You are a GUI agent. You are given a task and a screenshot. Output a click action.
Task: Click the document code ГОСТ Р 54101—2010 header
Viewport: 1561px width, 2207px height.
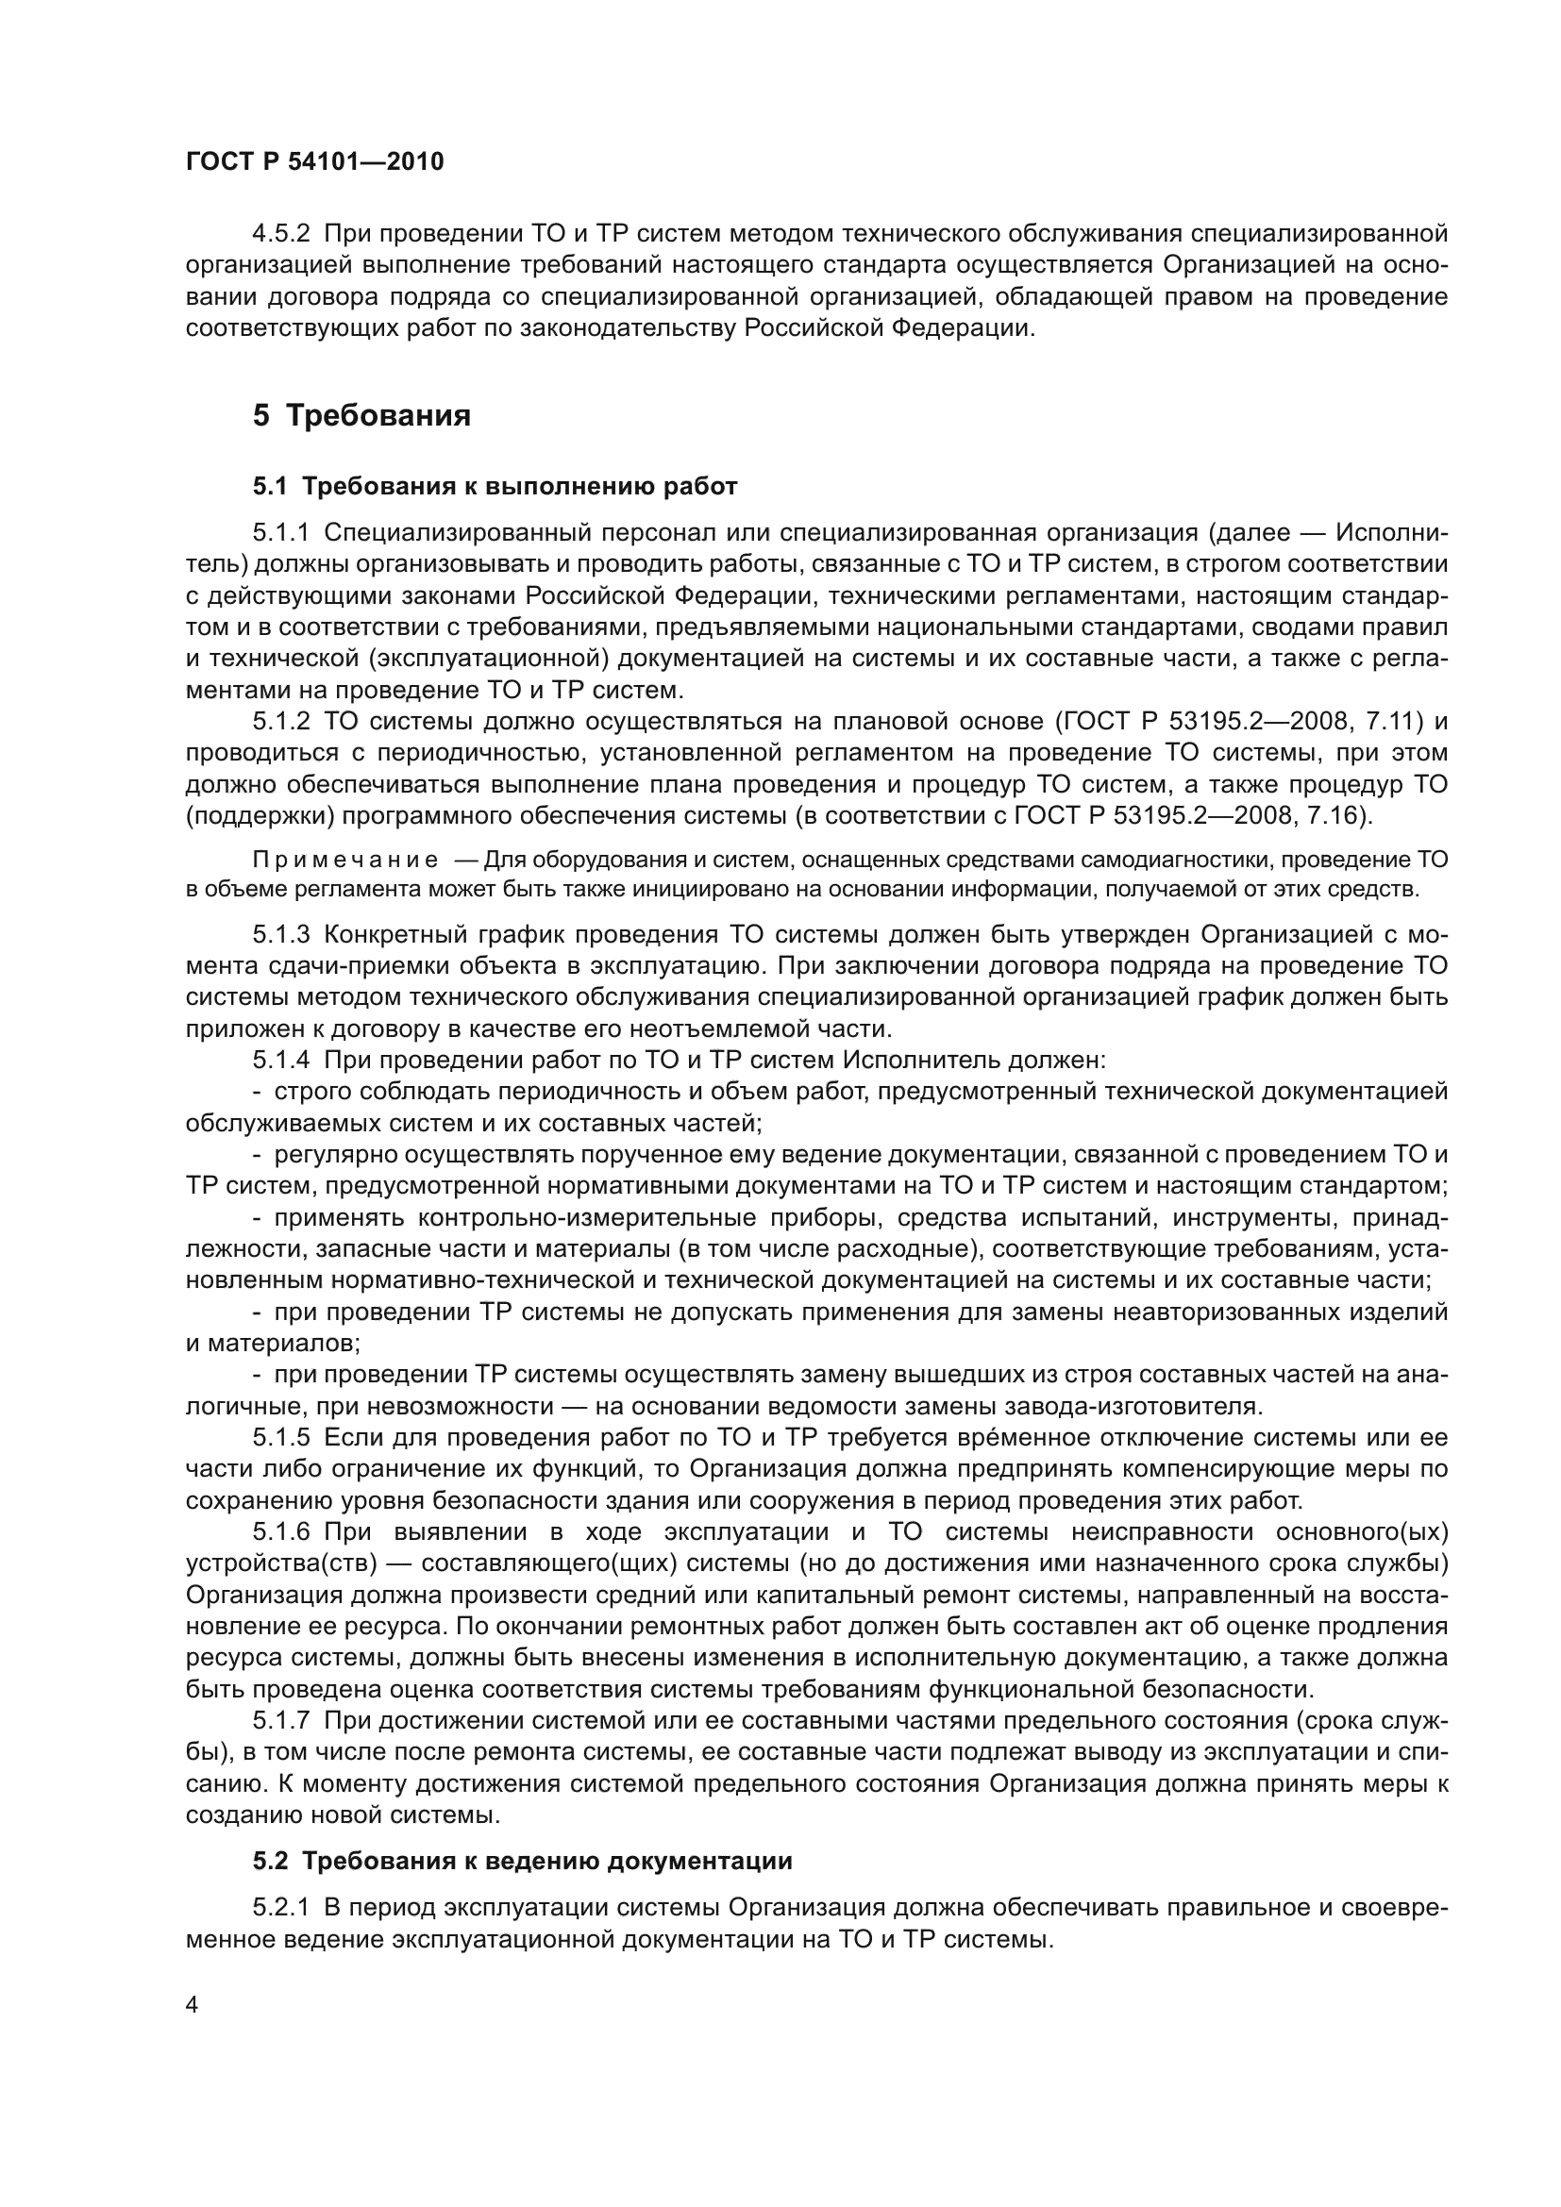pyautogui.click(x=314, y=161)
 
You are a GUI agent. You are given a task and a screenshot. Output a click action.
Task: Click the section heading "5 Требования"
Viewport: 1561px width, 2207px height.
pyautogui.click(x=361, y=415)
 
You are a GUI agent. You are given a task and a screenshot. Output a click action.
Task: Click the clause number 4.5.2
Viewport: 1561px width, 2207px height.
pyautogui.click(x=280, y=234)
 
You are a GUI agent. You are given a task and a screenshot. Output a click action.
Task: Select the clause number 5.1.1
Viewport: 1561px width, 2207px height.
pyautogui.click(x=280, y=532)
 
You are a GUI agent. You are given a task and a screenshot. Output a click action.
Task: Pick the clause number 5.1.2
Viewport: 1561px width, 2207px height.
pyautogui.click(x=280, y=722)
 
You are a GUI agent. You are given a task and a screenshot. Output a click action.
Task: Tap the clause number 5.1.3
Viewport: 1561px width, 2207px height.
pyautogui.click(x=280, y=934)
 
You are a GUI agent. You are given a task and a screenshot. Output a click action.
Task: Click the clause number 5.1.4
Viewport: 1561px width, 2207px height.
pyautogui.click(x=280, y=1062)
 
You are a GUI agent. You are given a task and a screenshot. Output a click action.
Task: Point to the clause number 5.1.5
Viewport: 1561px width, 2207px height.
pyautogui.click(x=280, y=1438)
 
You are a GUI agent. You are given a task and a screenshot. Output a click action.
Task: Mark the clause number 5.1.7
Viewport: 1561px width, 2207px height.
pyautogui.click(x=280, y=1721)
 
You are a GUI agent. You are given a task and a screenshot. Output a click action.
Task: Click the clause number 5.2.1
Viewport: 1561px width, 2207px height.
pyautogui.click(x=280, y=1908)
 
